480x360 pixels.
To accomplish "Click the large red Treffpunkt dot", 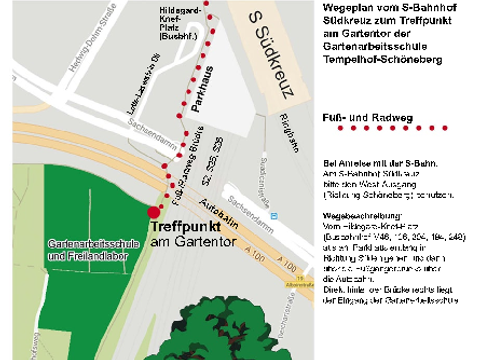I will tap(153, 212).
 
